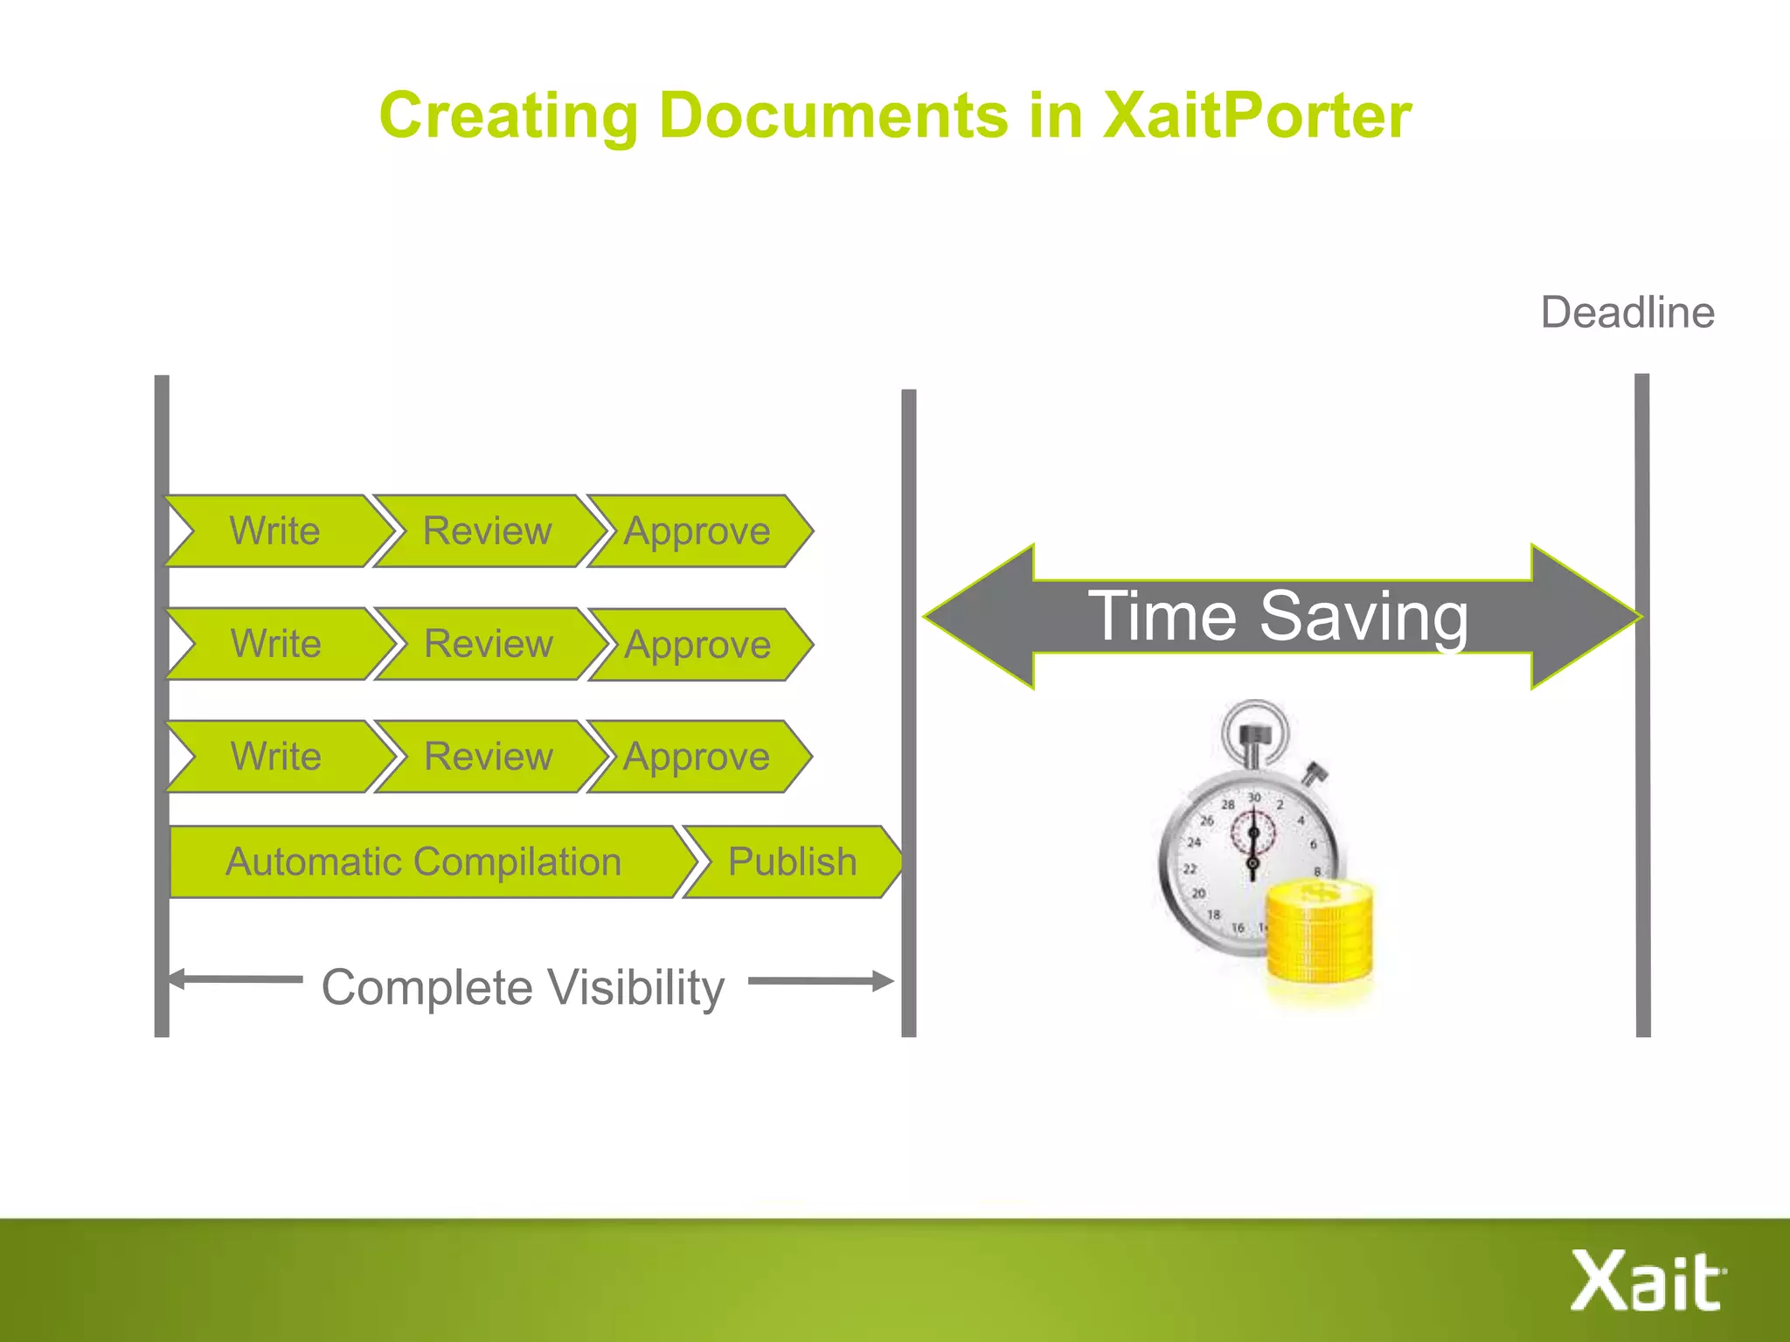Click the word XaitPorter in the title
coord(1256,115)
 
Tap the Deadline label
coord(1627,313)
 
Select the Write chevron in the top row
coord(275,531)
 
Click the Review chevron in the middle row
coord(489,644)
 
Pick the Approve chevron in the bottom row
coord(697,757)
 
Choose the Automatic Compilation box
coord(423,861)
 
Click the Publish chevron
coord(792,861)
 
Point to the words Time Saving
coord(1278,616)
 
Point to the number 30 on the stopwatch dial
coord(1254,798)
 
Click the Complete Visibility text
coord(523,987)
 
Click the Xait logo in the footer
coord(1647,1281)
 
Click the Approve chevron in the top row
coord(697,531)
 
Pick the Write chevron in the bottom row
coord(275,757)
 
